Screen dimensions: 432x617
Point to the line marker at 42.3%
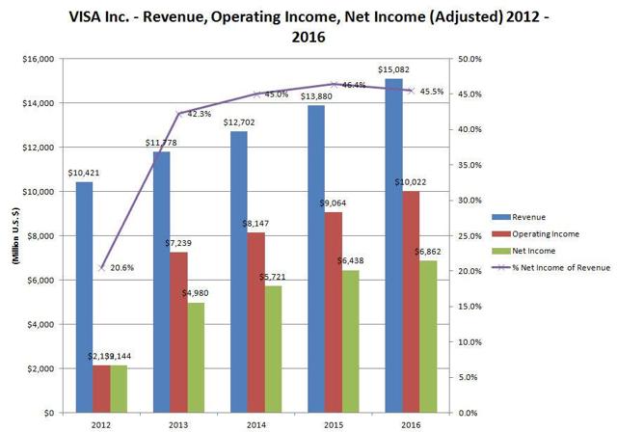pos(178,114)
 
